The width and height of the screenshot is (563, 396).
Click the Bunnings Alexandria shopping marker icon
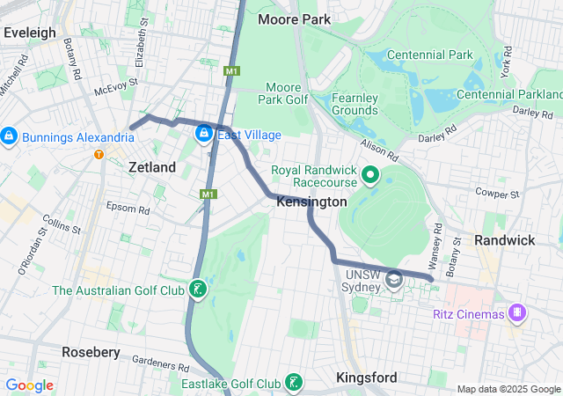(10, 136)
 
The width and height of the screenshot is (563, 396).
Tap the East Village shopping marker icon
(203, 134)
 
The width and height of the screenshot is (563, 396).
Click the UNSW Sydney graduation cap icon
(393, 278)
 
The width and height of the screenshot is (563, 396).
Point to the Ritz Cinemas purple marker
(518, 313)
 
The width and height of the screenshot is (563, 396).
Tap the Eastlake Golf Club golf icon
(294, 383)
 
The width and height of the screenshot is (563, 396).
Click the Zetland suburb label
(152, 167)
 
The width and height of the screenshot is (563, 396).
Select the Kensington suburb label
(311, 202)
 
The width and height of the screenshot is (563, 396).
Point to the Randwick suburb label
(504, 240)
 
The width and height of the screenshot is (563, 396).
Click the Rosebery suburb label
(91, 352)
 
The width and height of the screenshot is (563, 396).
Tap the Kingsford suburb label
(366, 378)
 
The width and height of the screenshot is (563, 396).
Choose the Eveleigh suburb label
(30, 33)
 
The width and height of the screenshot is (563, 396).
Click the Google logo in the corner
(30, 385)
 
